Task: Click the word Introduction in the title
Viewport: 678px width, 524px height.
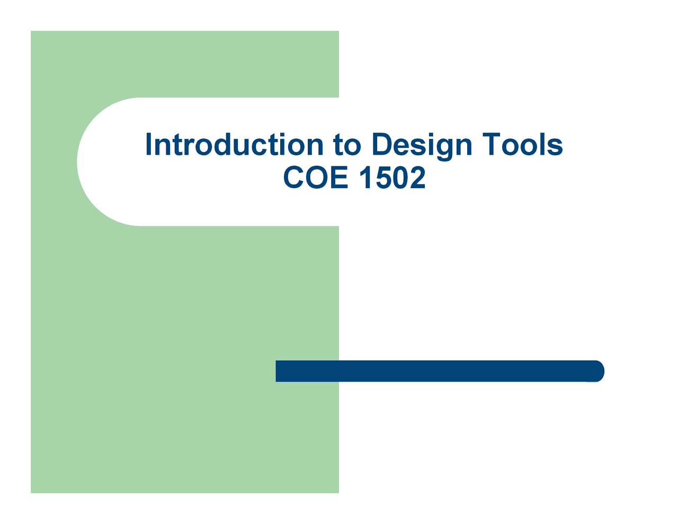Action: click(234, 145)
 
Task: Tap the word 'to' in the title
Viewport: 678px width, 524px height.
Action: click(347, 145)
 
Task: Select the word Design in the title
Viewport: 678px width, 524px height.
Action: click(422, 145)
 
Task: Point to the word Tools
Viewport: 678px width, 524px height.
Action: click(522, 145)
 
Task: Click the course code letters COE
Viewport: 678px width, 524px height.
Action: click(316, 177)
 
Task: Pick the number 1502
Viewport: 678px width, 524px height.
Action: click(392, 177)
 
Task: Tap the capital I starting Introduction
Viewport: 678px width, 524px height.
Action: click(149, 145)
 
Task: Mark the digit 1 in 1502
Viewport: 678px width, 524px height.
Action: click(365, 177)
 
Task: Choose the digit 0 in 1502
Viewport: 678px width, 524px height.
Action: click(400, 177)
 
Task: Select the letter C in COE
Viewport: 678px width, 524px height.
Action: click(294, 177)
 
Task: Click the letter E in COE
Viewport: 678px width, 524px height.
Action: click(340, 177)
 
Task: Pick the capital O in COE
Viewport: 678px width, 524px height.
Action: click(317, 177)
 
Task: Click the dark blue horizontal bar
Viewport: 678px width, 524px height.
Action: click(434, 371)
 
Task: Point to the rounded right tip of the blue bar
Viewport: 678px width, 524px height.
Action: click(599, 371)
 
